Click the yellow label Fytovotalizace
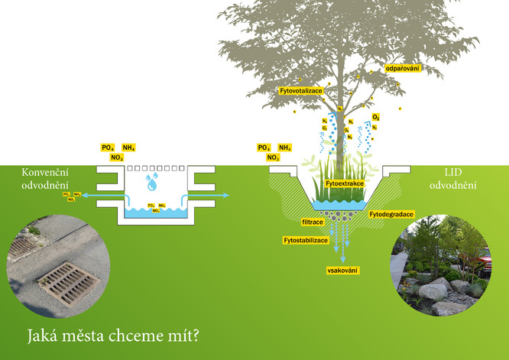click(301, 91)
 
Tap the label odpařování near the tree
click(404, 69)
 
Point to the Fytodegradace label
click(391, 215)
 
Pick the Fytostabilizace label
click(306, 240)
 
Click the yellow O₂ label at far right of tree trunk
click(375, 117)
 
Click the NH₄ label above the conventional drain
click(129, 148)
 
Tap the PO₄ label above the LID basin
click(264, 148)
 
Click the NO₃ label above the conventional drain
click(117, 157)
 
